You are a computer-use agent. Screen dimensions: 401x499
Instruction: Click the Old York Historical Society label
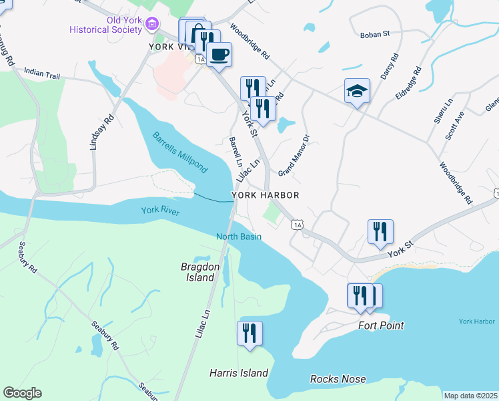(x=107, y=26)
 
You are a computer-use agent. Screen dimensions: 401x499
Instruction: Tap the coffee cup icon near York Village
(x=218, y=54)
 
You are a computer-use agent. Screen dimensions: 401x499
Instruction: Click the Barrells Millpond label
(x=179, y=151)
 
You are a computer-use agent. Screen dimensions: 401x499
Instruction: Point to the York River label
(x=159, y=211)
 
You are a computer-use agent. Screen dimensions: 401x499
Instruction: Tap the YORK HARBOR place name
(x=265, y=195)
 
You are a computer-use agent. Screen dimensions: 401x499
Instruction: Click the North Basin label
(x=238, y=237)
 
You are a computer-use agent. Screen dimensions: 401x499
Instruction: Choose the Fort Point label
(x=381, y=325)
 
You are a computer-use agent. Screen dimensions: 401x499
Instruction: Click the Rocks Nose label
(x=338, y=379)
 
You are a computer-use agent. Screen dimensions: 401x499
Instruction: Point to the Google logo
(x=22, y=393)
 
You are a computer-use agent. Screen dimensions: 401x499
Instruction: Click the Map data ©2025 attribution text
(x=470, y=396)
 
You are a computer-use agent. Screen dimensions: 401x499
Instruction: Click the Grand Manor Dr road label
(x=294, y=156)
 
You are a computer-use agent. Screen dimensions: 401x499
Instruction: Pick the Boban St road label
(x=374, y=35)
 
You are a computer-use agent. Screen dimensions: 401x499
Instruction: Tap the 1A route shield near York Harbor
(x=297, y=225)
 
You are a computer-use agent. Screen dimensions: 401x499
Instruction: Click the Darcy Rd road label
(x=389, y=66)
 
